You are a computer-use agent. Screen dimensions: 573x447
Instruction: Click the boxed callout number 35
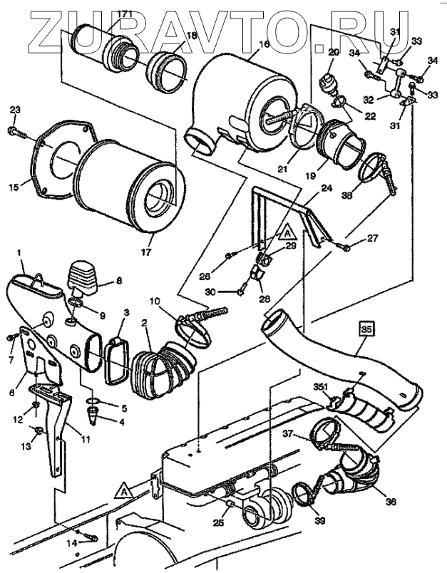coord(366,330)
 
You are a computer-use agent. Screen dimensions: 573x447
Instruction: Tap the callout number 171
coord(124,14)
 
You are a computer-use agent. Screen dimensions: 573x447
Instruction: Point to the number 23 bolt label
coord(16,110)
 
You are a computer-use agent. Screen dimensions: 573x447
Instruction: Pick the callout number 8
coord(118,282)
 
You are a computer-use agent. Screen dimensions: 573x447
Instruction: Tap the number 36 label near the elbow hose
coord(389,501)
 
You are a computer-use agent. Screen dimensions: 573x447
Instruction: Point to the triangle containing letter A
coord(123,490)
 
